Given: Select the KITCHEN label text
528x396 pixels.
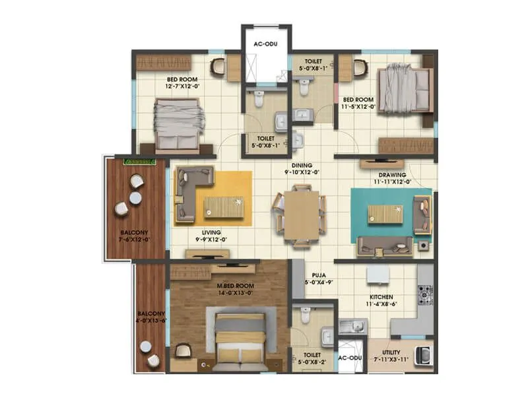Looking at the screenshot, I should [381, 298].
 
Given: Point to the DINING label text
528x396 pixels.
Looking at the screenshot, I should [302, 166].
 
